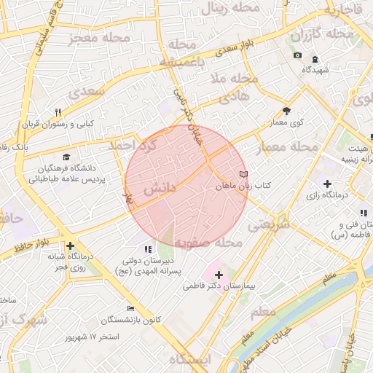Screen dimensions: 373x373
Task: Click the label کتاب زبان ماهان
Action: click(243, 186)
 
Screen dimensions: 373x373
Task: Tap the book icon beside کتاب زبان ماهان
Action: click(243, 175)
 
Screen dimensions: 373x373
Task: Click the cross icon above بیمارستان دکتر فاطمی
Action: click(219, 275)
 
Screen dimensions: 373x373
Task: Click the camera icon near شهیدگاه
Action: click(297, 55)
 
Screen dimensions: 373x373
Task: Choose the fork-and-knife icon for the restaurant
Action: click(58, 112)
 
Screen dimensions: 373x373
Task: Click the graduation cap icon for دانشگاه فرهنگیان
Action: click(67, 157)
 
